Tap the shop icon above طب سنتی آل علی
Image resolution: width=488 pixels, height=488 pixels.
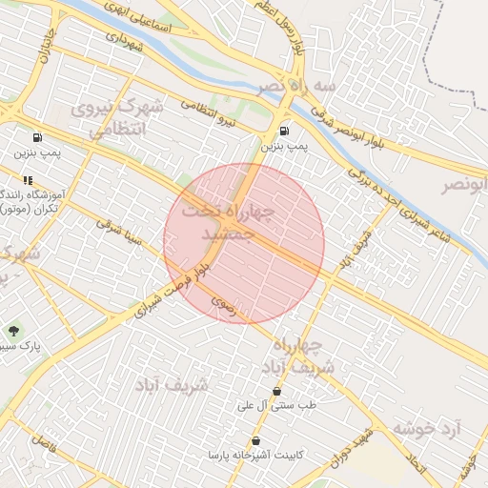(276, 391)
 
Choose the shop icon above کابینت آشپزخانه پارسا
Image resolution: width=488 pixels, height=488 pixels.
(255, 441)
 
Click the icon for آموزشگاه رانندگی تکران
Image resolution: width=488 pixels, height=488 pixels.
(29, 179)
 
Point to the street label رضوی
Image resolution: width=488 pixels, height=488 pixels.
(221, 304)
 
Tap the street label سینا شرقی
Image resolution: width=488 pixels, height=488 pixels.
(118, 234)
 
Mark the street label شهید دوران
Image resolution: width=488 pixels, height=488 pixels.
(350, 447)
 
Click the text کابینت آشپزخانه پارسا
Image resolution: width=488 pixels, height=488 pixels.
(254, 456)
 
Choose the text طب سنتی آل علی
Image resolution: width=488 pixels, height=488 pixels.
(277, 405)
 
